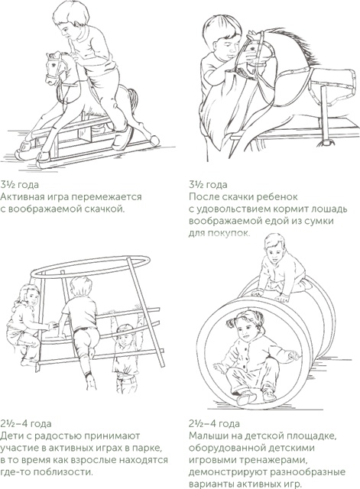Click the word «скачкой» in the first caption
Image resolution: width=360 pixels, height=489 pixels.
pyautogui.click(x=103, y=209)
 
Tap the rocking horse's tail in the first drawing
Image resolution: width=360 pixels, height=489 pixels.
pyautogui.click(x=134, y=100)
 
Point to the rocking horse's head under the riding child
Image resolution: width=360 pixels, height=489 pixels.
pyautogui.click(x=57, y=70)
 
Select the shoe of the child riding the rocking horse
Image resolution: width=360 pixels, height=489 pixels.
pyautogui.click(x=122, y=138)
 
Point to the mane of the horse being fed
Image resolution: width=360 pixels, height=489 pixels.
pyautogui.click(x=298, y=47)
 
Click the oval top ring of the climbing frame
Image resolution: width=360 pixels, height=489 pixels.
pyautogui.click(x=90, y=267)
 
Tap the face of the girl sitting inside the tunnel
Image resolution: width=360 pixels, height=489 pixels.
pyautogui.click(x=245, y=330)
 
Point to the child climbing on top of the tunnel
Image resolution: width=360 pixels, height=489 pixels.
pyautogui.click(x=280, y=269)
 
